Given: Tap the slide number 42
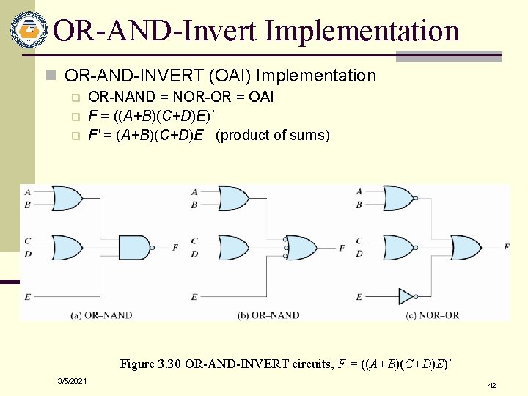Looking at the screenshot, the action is pos(492,385).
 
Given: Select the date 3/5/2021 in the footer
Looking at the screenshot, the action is pos(73,381).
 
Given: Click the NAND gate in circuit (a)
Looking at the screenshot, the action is pos(136,248).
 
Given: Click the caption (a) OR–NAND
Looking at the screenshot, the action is pos(101,315).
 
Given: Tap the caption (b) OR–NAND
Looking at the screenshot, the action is pos(268,315).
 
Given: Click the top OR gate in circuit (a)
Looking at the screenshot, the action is pos(67,198).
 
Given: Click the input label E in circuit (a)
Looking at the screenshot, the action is pos(27,296).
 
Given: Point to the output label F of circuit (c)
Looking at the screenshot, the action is pos(507,247).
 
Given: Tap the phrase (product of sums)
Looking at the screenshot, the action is pos(274,135).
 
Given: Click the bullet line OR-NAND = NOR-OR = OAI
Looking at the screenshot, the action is pos(180,97).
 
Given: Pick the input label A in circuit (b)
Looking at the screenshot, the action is pos(194,192).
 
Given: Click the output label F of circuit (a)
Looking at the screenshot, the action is pos(175,248).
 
